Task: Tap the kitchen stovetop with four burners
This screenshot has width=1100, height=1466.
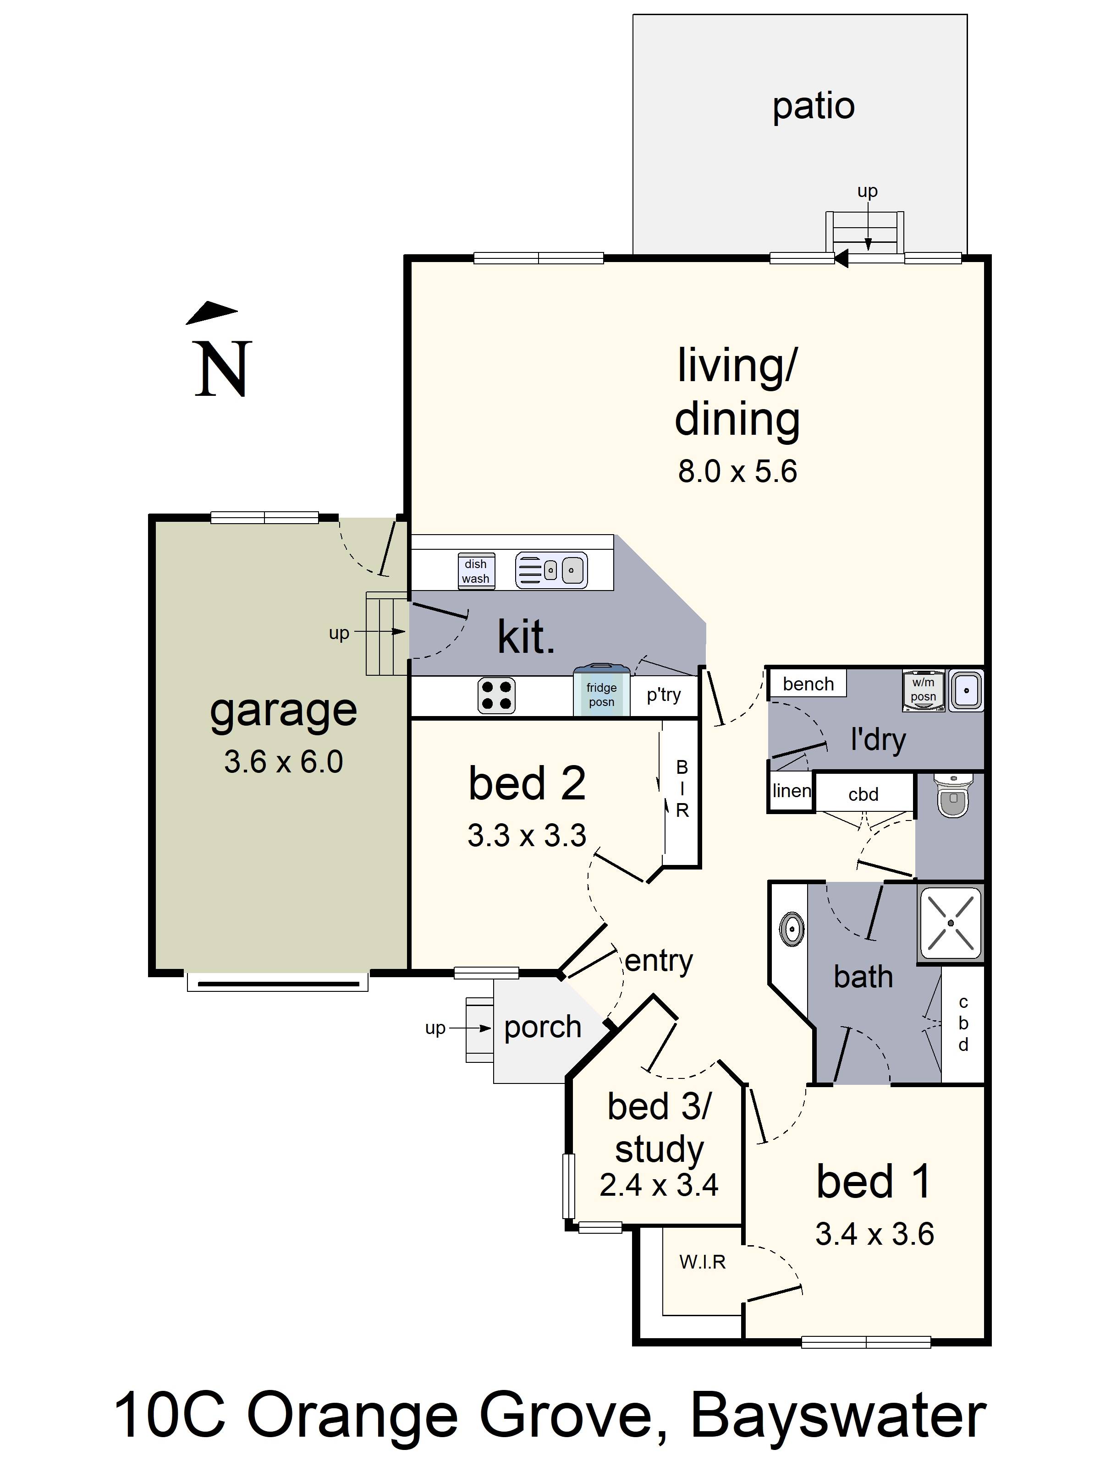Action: (496, 696)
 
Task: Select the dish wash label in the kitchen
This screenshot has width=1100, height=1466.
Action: (476, 571)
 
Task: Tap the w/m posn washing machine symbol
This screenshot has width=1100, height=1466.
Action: (923, 690)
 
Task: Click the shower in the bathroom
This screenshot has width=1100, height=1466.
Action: (951, 923)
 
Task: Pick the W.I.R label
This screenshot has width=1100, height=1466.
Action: (702, 1261)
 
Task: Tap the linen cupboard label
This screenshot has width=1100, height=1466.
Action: (791, 791)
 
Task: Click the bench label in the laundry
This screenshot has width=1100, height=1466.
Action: (808, 684)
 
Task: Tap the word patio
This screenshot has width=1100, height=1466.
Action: (814, 106)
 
